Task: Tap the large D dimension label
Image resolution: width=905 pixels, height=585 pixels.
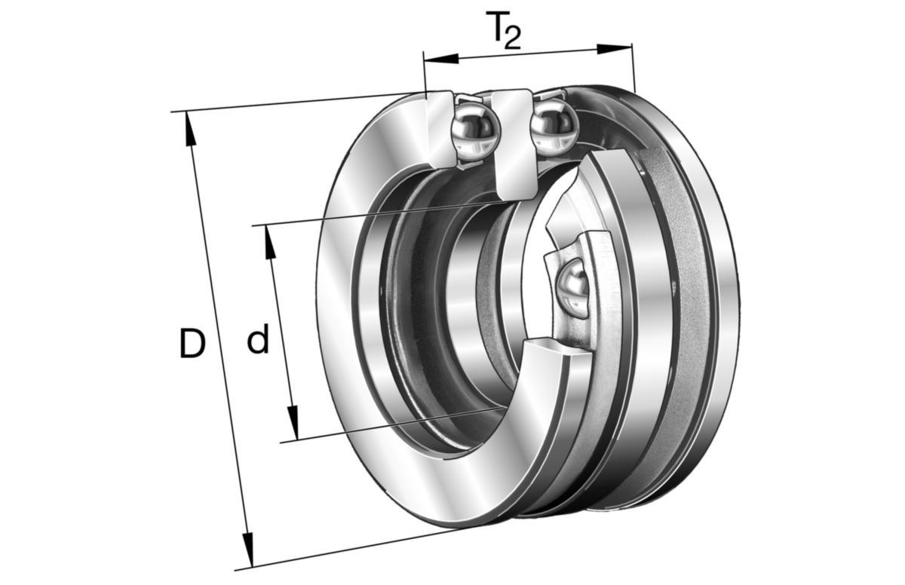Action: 192,343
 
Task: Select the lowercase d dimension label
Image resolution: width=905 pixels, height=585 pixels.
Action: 258,338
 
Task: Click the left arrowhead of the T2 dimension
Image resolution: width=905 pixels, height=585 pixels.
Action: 440,59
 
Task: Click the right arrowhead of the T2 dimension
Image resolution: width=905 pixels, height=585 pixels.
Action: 615,49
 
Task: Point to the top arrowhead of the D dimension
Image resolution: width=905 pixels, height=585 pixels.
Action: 190,128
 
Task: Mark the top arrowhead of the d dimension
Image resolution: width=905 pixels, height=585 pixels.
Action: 269,242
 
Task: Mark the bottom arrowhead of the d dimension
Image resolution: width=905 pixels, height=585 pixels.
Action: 293,423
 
